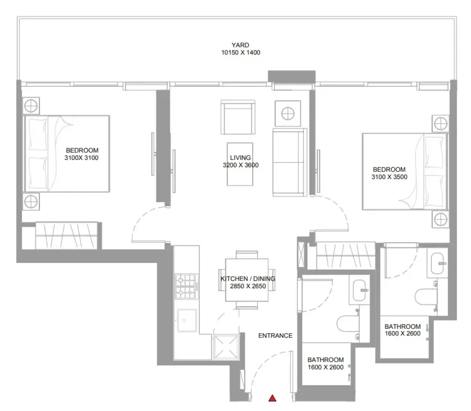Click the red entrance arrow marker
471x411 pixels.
coord(272,398)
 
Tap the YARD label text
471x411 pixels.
coord(240,45)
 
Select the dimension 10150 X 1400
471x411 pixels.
coord(241,53)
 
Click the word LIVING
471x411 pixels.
coord(240,158)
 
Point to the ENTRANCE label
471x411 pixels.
coord(275,336)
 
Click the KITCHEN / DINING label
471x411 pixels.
coord(248,279)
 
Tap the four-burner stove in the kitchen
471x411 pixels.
coord(186,287)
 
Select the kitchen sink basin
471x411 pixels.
coord(187,320)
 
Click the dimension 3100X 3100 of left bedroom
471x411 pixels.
coord(81,158)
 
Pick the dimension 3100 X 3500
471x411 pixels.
coord(389,177)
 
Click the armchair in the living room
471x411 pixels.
coord(238,117)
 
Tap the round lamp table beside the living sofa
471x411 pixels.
coord(288,114)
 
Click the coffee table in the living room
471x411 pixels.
coord(240,164)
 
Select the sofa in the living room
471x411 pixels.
coord(289,162)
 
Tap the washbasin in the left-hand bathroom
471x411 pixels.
coord(359,290)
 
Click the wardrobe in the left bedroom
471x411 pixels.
coord(66,235)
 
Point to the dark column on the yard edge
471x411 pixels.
coord(291,76)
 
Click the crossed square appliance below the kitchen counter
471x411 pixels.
coord(226,347)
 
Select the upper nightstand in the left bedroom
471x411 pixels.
coord(31,106)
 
